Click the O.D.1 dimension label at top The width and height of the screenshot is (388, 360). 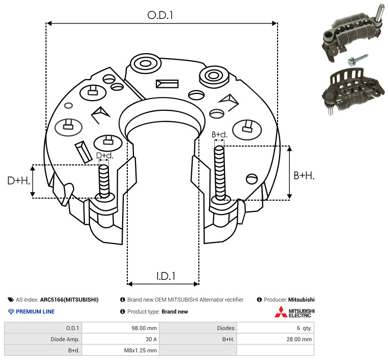click(x=160, y=15)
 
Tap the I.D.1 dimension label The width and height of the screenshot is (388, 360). click(x=166, y=276)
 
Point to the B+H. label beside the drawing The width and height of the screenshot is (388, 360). click(x=304, y=176)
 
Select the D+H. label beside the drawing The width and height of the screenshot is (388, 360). click(x=18, y=181)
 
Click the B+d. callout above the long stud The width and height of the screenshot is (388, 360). click(x=219, y=134)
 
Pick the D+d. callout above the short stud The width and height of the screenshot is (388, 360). click(x=104, y=156)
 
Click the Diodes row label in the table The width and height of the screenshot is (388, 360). click(x=225, y=328)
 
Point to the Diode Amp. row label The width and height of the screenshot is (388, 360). click(x=65, y=339)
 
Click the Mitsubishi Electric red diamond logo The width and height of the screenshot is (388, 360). click(x=281, y=312)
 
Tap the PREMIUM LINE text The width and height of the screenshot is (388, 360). click(x=35, y=311)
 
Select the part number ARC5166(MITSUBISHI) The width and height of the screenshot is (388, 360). click(x=70, y=300)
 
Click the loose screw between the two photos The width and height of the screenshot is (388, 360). click(x=357, y=60)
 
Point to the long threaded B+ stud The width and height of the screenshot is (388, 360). click(x=220, y=173)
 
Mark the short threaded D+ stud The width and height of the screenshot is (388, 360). click(x=104, y=181)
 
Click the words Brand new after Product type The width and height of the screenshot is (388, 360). click(x=175, y=311)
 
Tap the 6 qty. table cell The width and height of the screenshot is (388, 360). click(x=304, y=328)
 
